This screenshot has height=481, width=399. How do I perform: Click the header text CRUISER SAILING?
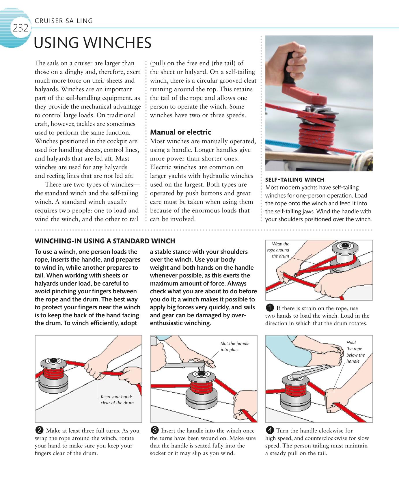[64, 21]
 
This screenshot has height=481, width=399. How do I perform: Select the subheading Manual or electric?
[180, 132]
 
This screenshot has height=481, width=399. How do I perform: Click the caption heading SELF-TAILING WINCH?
[294, 180]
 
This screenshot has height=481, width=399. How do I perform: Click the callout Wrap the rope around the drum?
[279, 250]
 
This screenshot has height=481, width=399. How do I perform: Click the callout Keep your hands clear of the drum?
[117, 400]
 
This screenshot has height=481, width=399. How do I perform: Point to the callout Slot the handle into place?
[235, 346]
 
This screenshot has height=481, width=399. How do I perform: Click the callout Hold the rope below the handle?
[355, 352]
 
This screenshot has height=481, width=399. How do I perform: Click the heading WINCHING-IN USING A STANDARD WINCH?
[105, 241]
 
